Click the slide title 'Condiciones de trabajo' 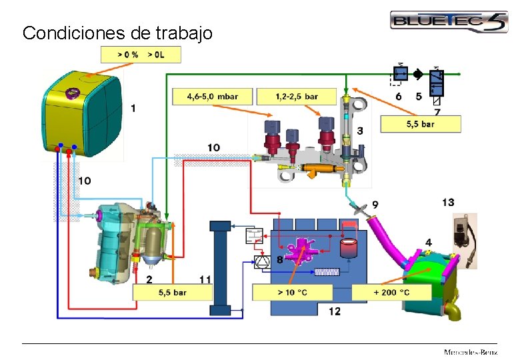[x=117, y=33]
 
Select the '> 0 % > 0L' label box [x=140, y=55]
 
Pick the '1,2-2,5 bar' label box [x=297, y=97]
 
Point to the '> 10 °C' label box [x=292, y=292]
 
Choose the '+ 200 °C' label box [x=391, y=292]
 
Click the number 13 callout [x=448, y=202]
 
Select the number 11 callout [x=205, y=278]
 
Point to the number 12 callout [x=334, y=311]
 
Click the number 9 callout [x=375, y=203]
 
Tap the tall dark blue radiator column [x=220, y=267]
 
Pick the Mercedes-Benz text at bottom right [x=471, y=351]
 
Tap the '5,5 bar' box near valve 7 [x=420, y=123]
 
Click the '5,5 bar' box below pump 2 [x=172, y=292]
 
